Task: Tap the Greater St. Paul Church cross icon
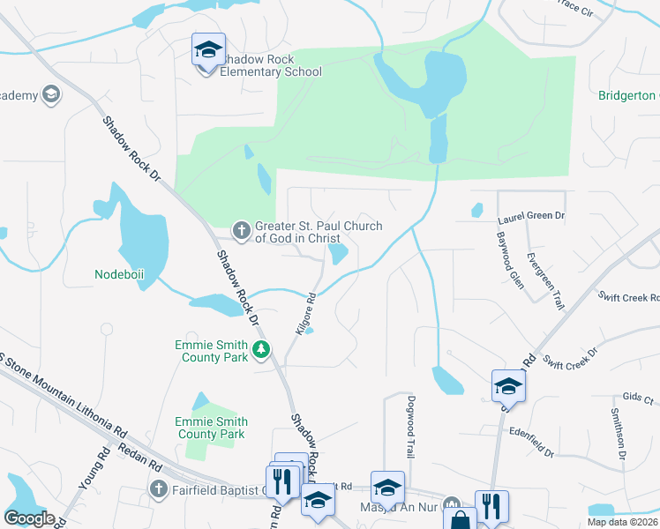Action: (241, 231)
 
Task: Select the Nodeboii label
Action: (119, 274)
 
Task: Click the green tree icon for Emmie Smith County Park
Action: (261, 351)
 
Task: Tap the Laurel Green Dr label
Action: (530, 215)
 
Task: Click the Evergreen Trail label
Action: (544, 280)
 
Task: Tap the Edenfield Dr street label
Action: (531, 442)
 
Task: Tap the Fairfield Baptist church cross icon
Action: (159, 489)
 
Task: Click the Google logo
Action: (28, 518)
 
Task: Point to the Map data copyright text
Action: (622, 522)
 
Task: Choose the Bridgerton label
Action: (628, 95)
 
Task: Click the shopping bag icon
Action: (460, 520)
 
